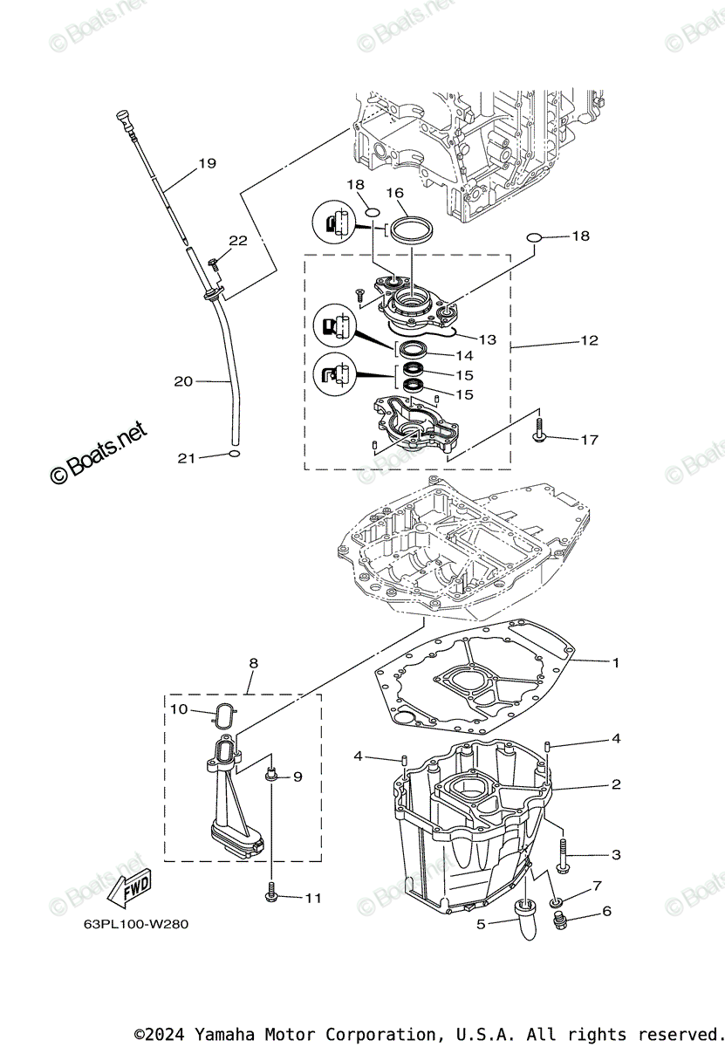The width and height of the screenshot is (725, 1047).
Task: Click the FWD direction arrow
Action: coord(128,887)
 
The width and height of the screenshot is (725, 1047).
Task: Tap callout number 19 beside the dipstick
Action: coord(207,163)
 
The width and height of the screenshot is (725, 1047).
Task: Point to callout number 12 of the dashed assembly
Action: coord(590,340)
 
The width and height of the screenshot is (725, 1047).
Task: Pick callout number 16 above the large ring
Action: coord(394,193)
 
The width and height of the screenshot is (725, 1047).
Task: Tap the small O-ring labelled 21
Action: coord(234,455)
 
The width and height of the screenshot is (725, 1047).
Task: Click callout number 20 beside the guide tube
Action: coord(183,380)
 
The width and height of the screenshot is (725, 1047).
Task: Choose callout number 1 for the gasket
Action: coord(615,662)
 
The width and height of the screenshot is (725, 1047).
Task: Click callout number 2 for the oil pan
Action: coord(615,784)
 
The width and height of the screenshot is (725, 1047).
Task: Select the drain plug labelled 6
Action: coord(561,920)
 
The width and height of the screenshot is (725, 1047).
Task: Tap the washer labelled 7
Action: coord(556,900)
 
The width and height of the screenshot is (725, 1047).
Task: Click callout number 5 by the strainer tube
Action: coord(481,924)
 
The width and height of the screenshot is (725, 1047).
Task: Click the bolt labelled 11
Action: coord(270,894)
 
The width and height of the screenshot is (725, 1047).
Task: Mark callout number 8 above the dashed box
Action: coord(253,663)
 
